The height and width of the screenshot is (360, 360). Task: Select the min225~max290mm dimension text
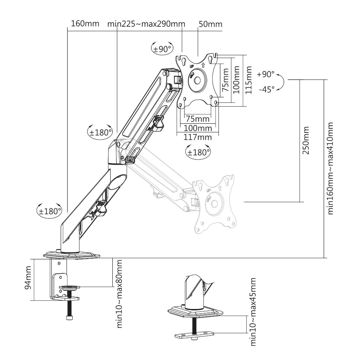146,24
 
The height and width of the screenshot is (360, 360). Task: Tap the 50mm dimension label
210,24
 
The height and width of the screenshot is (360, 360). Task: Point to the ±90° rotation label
162,49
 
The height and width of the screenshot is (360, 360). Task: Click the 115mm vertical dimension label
249,80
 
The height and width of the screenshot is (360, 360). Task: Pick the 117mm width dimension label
197,137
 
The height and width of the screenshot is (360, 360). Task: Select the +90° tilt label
266,74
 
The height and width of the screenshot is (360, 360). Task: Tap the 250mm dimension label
306,140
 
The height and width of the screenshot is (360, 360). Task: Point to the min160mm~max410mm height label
330,168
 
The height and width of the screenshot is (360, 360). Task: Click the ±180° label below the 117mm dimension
198,152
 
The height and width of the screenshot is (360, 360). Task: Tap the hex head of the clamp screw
70,318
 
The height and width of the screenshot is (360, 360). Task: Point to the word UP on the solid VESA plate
191,66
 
